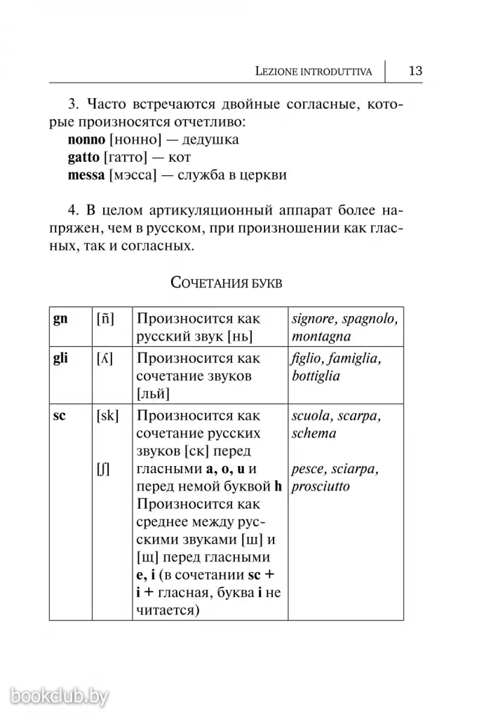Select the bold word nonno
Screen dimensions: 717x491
point(86,139)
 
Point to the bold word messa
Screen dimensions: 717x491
point(86,175)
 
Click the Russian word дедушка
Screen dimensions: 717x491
point(209,139)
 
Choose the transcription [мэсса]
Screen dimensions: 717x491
point(131,175)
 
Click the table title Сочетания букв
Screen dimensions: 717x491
point(226,283)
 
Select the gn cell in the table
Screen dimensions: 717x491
point(61,319)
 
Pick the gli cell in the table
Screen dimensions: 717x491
point(61,358)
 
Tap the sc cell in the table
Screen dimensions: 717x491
point(60,416)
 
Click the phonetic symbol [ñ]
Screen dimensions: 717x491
point(105,319)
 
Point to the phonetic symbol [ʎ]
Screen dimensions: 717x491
point(105,359)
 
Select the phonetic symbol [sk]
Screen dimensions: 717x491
point(107,416)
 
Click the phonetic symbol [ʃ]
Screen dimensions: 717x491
point(103,468)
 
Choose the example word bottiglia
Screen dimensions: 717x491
point(316,376)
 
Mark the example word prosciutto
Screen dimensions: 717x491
point(321,486)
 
